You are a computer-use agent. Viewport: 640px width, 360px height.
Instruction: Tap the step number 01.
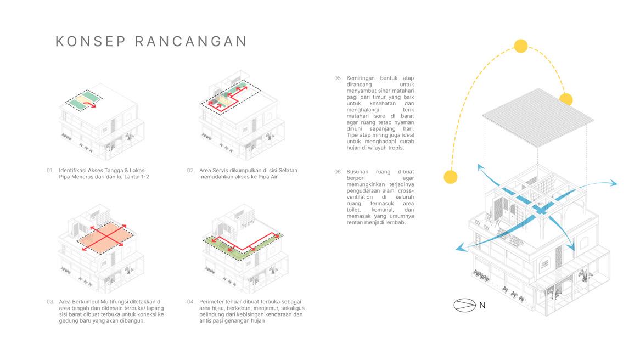(x=50, y=170)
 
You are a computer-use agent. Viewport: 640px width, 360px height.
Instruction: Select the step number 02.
(x=191, y=170)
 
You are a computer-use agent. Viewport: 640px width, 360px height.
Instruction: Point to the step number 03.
(x=50, y=301)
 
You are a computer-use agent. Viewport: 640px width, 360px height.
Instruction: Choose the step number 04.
(x=191, y=301)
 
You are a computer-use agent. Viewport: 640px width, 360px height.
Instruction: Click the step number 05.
(x=338, y=78)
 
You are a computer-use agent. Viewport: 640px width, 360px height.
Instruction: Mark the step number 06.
(x=338, y=172)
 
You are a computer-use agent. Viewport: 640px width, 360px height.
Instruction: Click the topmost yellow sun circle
(x=520, y=46)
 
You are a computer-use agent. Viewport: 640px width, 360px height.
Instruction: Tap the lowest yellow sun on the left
(x=451, y=177)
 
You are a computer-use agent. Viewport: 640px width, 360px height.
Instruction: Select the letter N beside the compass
(x=482, y=306)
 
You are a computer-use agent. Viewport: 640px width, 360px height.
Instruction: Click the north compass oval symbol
(x=464, y=305)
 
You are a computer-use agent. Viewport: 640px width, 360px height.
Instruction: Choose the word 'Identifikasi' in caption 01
(x=74, y=170)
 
